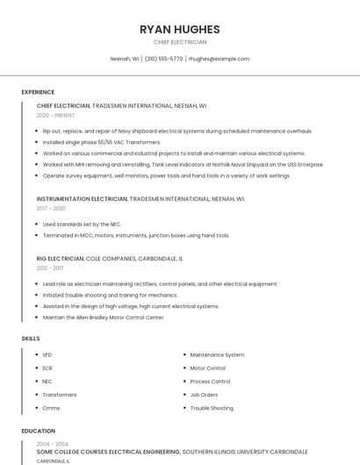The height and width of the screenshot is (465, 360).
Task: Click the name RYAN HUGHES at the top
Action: click(x=180, y=29)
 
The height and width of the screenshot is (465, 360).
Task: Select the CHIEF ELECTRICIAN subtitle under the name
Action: click(x=180, y=42)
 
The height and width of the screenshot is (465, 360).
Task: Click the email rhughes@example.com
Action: click(x=219, y=59)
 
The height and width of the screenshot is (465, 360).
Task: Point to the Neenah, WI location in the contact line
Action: click(x=124, y=59)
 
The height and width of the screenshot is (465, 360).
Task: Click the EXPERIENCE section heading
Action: click(x=38, y=92)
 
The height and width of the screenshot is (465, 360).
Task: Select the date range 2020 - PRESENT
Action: click(x=55, y=115)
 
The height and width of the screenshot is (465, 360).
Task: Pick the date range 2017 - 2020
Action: click(x=51, y=209)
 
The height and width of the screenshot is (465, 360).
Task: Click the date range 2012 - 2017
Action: click(x=51, y=268)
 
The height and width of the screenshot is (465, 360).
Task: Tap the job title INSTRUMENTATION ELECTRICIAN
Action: click(x=82, y=199)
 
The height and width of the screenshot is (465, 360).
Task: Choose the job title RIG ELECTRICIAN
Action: click(x=60, y=259)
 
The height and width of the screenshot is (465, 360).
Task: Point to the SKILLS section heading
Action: click(x=31, y=338)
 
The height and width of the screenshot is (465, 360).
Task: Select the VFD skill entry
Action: click(x=47, y=354)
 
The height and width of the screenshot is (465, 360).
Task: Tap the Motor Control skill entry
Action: click(x=208, y=368)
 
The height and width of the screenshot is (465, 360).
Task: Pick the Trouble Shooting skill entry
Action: click(x=212, y=408)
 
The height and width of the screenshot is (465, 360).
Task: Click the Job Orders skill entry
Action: click(x=204, y=395)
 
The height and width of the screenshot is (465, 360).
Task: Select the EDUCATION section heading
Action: click(x=38, y=432)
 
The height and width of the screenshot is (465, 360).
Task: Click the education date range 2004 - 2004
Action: click(x=52, y=444)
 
